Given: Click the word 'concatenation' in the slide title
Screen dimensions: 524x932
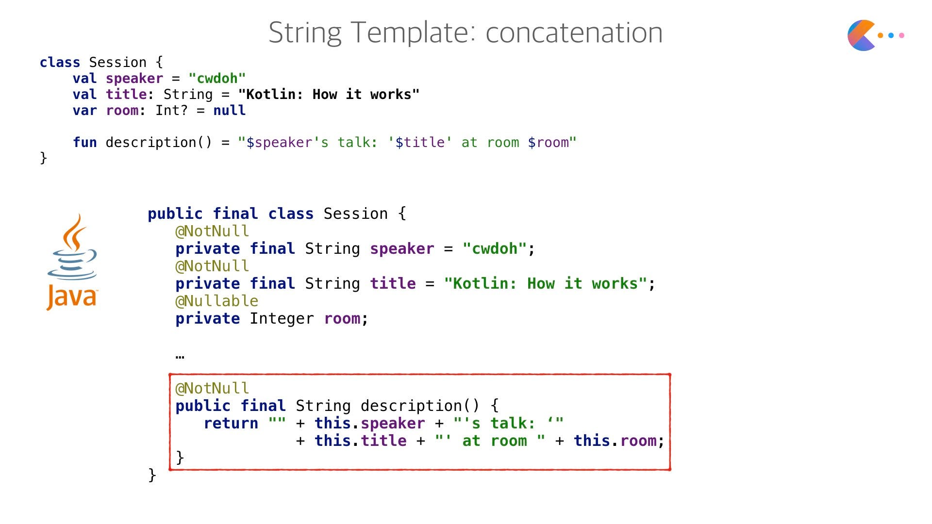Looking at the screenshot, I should coord(574,33).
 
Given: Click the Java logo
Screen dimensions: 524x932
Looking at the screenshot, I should coord(72,262).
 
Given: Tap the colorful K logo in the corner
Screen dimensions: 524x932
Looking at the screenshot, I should coord(862,35).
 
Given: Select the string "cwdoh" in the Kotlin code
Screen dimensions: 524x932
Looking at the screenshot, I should coord(217,79).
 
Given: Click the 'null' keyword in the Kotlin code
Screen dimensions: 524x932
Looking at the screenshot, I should coord(229,111).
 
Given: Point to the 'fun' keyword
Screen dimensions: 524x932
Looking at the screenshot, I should coord(84,143).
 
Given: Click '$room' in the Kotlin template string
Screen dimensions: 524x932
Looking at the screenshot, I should coord(549,143).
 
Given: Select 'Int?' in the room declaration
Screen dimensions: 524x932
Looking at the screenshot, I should coord(171,111).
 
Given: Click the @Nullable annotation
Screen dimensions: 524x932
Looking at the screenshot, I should coord(216,301).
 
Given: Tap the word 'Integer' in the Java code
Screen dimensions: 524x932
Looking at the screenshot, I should coord(282,319).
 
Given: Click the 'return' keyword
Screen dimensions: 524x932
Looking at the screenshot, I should coord(231,424).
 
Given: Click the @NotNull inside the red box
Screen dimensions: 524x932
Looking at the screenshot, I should coord(212,389).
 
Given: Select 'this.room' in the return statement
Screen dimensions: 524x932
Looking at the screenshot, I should coord(618,441).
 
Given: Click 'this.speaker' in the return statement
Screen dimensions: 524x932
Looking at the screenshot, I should coord(369,424).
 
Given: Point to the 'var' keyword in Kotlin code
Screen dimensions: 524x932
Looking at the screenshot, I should coord(84,111).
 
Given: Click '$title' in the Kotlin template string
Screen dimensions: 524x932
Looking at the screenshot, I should coord(420,143).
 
